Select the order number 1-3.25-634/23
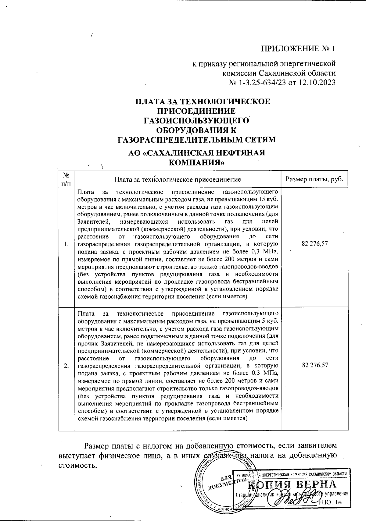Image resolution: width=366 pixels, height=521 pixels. [x=260, y=83]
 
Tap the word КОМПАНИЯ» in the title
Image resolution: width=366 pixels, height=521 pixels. [x=197, y=162]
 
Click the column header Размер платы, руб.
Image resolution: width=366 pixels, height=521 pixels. [x=314, y=179]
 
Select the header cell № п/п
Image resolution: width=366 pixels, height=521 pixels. [x=66, y=179]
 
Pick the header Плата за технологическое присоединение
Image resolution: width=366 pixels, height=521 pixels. [x=177, y=179]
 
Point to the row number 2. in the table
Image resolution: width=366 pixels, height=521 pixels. [x=66, y=366]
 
